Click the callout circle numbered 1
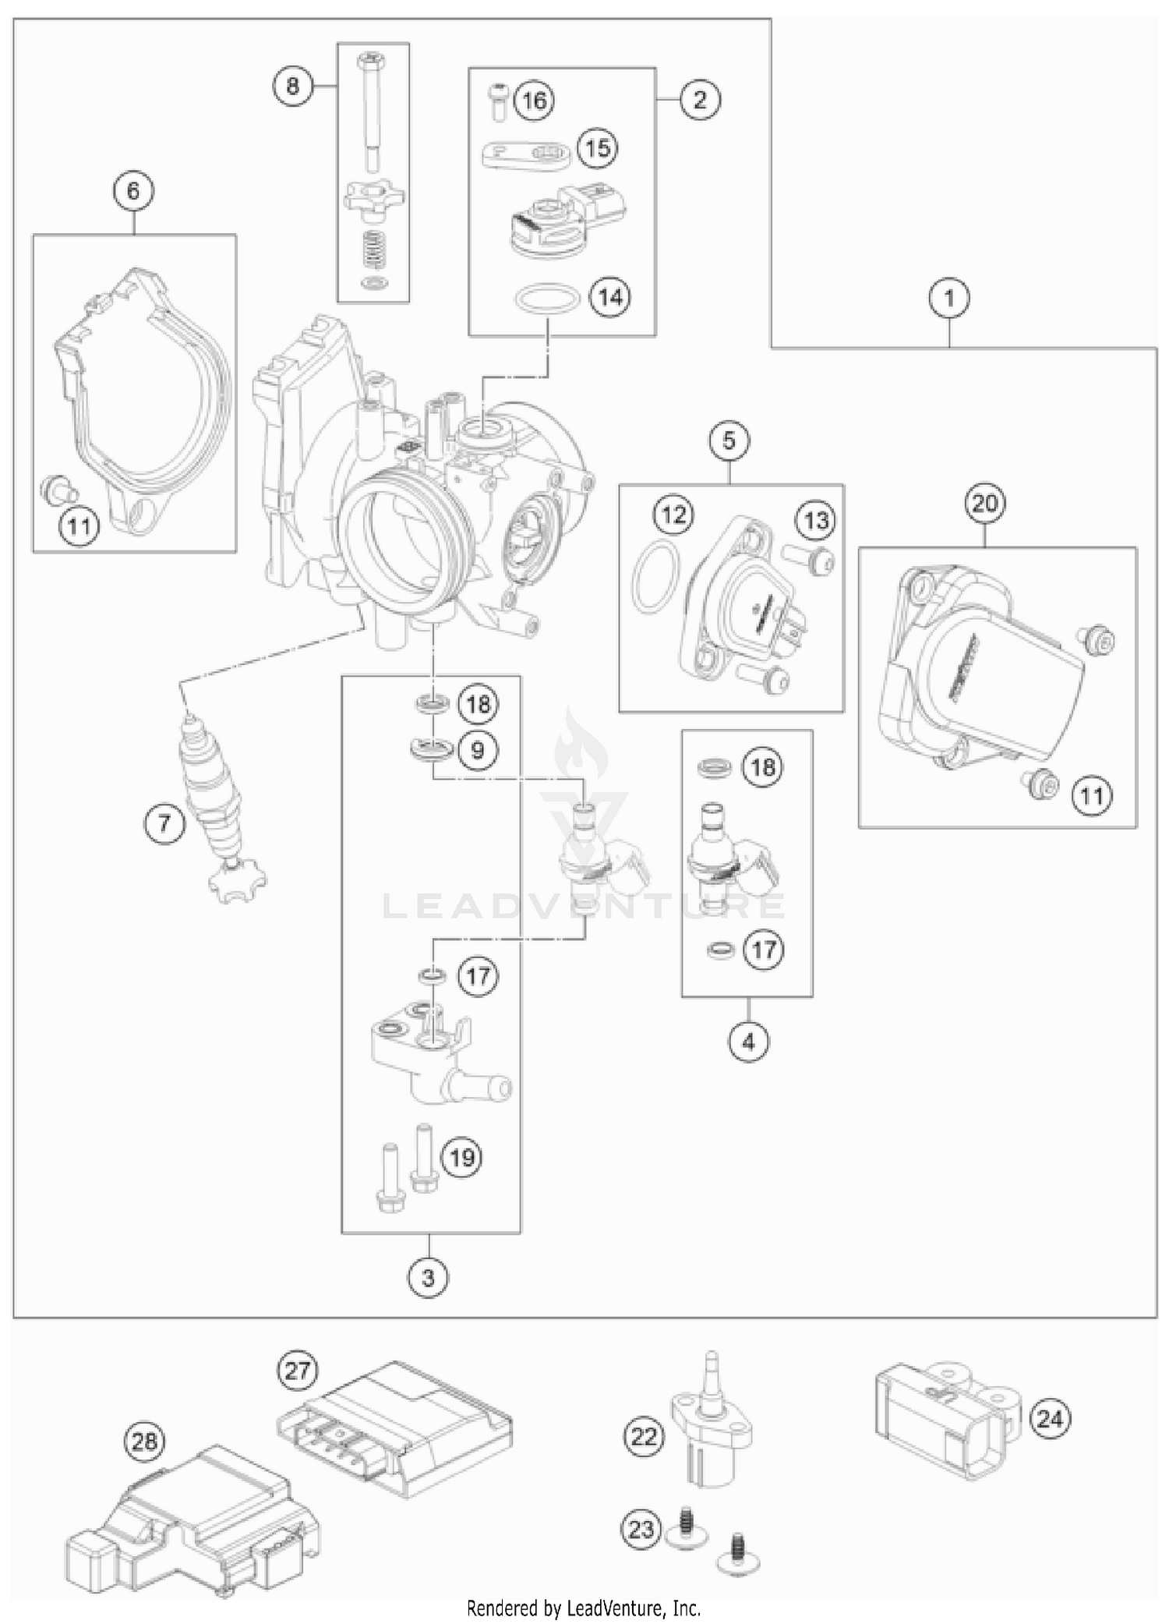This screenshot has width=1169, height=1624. click(x=949, y=297)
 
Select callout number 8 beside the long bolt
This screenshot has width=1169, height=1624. click(x=292, y=84)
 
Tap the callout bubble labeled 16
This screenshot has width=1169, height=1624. click(x=535, y=101)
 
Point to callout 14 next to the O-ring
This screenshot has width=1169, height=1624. click(x=610, y=297)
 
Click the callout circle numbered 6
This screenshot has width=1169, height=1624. click(x=133, y=191)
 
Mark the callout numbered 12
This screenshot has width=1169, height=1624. click(x=673, y=515)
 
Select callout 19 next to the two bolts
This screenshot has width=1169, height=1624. click(x=462, y=1157)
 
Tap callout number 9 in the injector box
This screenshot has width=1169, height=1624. click(x=477, y=749)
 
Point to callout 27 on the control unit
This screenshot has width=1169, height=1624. click(x=297, y=1370)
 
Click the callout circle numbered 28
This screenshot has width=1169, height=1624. click(x=145, y=1442)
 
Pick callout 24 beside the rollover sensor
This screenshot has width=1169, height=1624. click(x=1049, y=1418)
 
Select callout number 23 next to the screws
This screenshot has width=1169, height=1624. click(x=641, y=1529)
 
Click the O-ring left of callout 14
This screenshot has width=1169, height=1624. click(x=547, y=299)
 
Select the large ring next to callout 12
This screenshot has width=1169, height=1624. click(x=652, y=576)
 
